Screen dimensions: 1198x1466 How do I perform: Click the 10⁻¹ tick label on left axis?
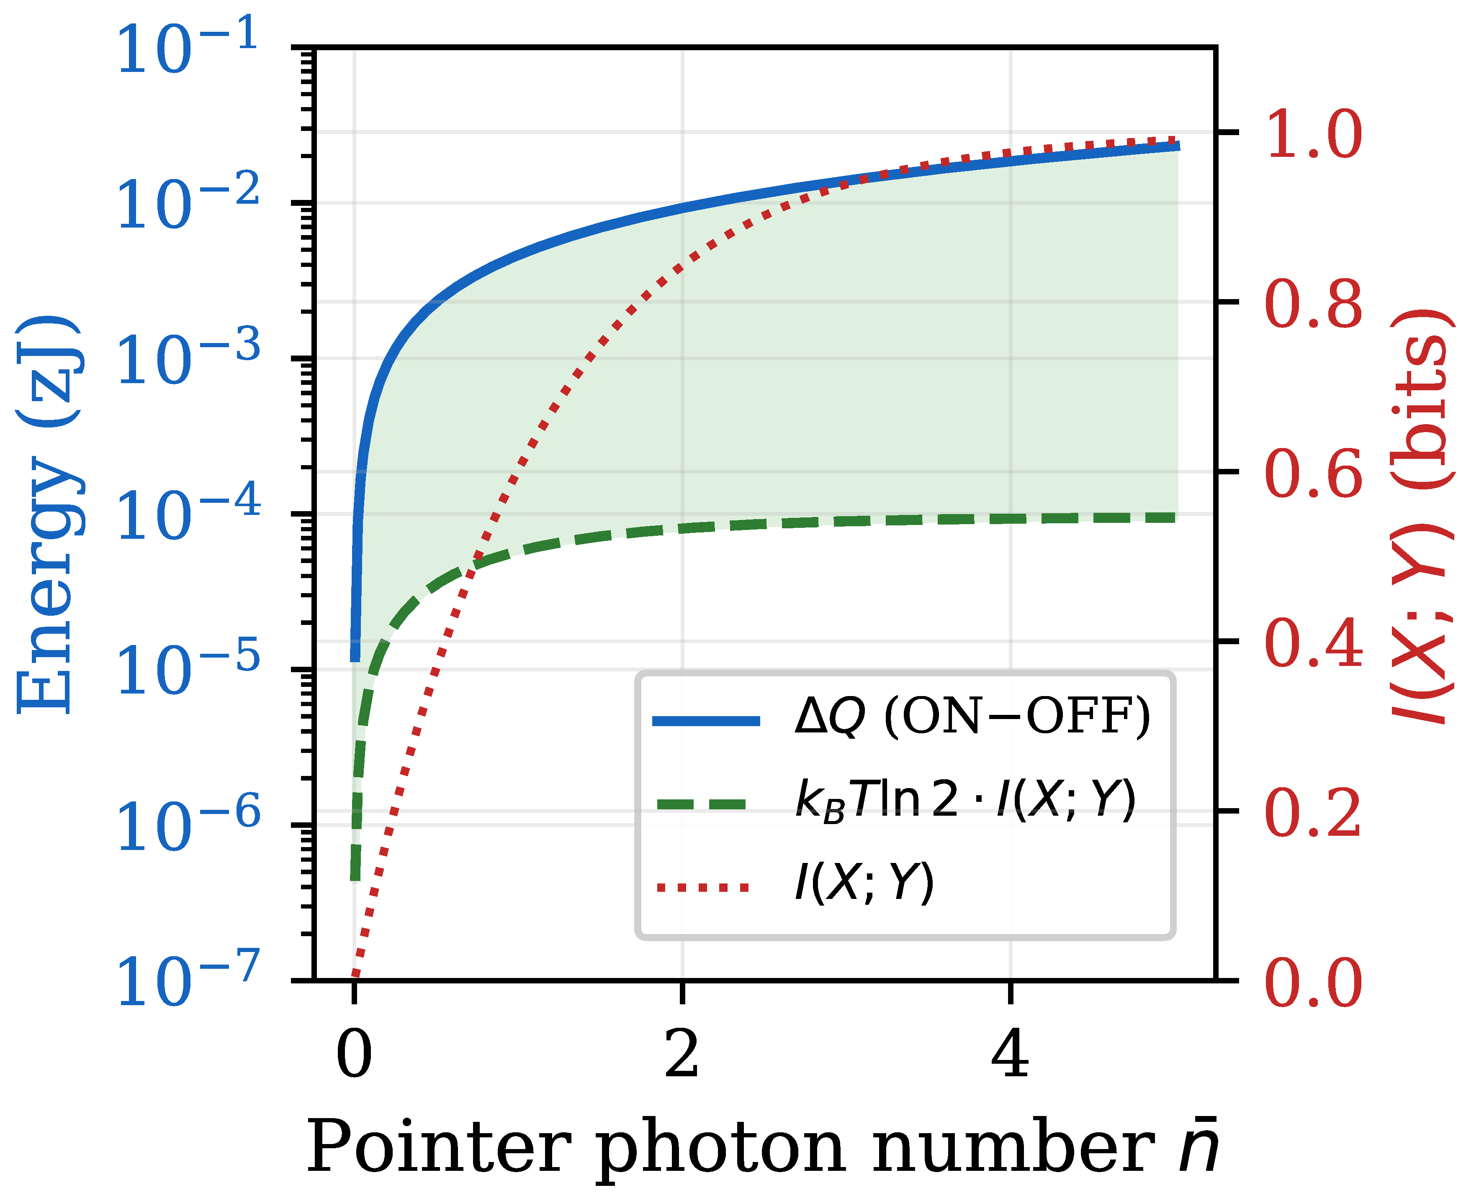tap(186, 47)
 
